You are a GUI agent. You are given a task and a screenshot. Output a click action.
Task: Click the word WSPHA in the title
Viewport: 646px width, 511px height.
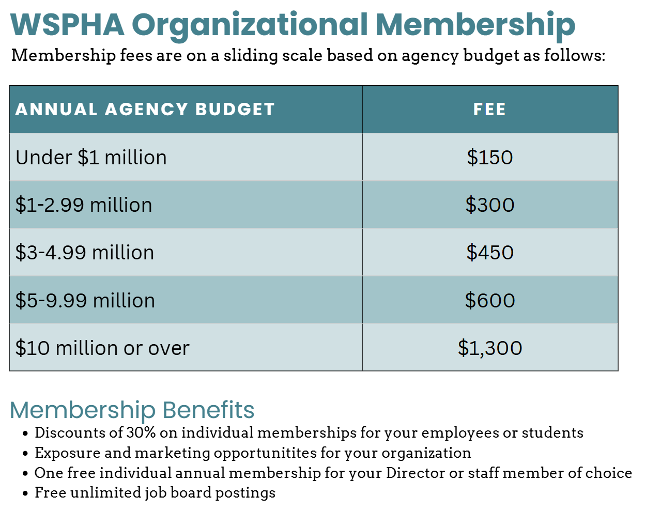coord(67,24)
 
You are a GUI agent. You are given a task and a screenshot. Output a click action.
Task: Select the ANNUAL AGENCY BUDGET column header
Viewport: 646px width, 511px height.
coord(145,110)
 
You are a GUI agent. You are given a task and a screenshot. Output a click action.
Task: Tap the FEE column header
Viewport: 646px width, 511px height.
coord(489,110)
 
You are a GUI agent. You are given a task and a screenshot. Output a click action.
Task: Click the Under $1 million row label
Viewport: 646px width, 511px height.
coord(91,158)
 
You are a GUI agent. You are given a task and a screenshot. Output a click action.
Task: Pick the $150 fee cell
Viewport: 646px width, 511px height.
coord(489,158)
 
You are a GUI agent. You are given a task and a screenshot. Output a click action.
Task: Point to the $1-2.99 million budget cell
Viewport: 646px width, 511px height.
coord(84,205)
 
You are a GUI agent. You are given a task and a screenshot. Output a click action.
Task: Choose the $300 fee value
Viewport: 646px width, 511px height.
coord(489,205)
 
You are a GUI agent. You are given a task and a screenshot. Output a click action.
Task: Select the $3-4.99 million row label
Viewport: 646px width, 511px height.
coord(85,253)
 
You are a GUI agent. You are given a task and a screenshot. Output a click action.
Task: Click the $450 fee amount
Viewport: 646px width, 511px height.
coord(489,253)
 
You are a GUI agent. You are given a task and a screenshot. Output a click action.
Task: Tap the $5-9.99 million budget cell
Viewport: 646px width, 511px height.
coord(85,301)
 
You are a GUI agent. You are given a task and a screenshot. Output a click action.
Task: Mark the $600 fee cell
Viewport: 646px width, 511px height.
coord(489,301)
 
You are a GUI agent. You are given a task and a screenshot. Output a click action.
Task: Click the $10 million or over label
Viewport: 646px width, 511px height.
coord(102,348)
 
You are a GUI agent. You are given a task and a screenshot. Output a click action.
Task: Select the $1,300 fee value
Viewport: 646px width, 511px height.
coord(489,348)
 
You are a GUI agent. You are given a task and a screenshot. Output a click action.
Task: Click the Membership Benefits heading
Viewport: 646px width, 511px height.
coord(132,410)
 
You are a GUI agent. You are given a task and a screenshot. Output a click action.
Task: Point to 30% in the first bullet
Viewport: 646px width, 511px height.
coord(142,432)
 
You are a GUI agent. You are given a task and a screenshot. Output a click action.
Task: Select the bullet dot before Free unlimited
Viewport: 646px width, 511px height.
coord(25,493)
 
